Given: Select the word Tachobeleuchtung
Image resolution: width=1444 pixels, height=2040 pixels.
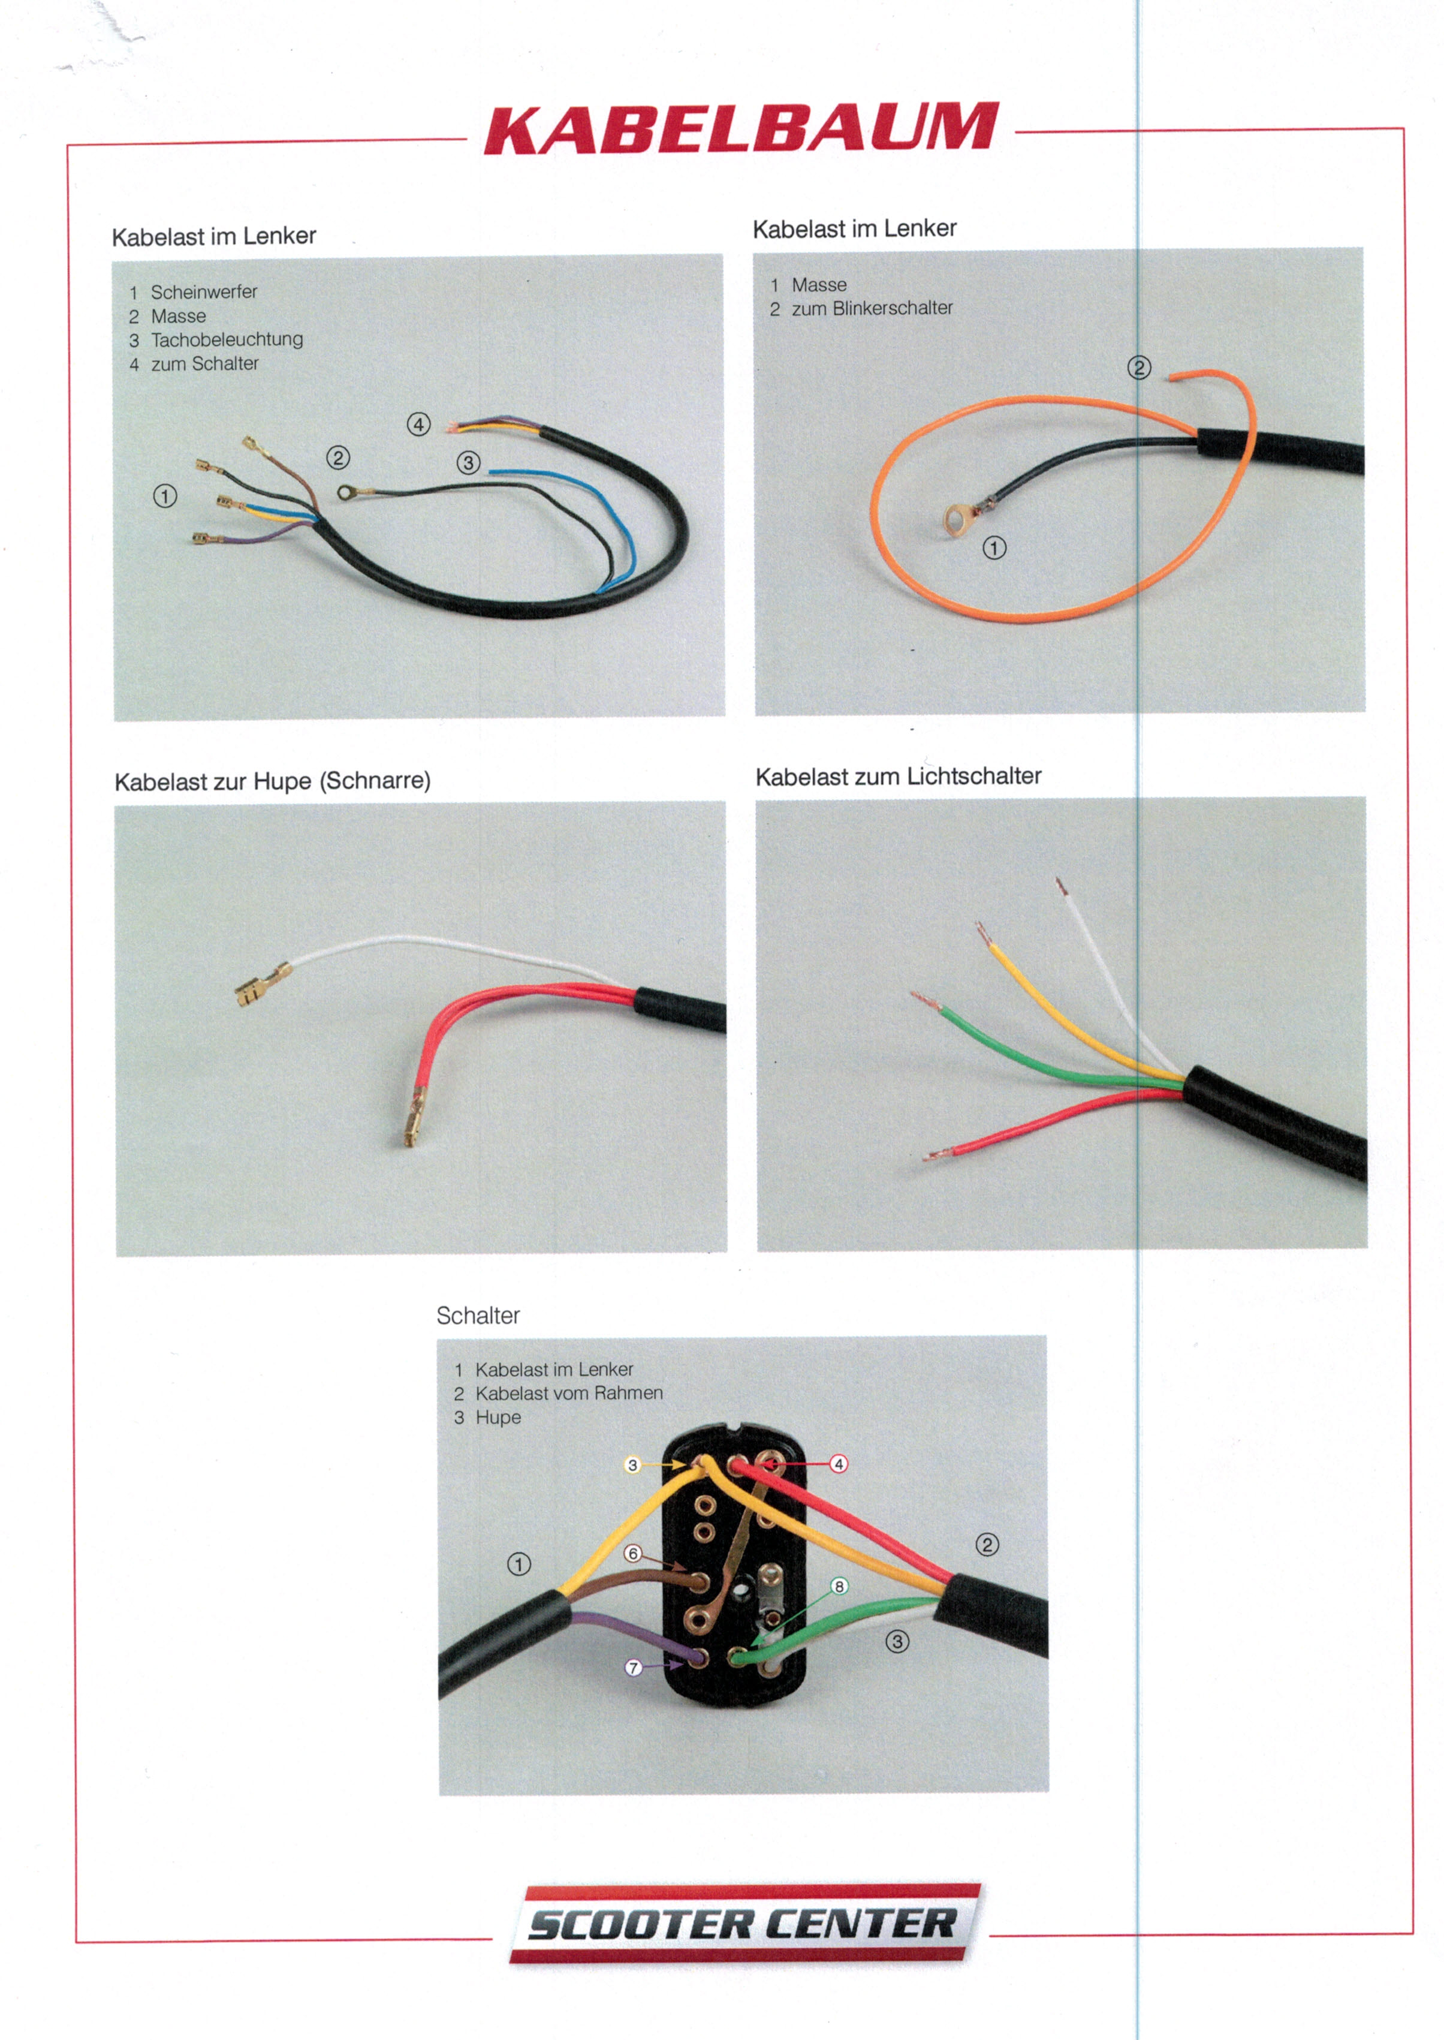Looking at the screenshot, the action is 227,340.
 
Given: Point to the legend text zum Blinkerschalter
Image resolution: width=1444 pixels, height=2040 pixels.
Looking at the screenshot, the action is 872,309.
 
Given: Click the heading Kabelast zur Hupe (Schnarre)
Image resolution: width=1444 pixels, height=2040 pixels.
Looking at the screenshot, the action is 272,781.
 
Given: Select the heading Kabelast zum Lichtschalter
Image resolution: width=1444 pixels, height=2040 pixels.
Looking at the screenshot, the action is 898,777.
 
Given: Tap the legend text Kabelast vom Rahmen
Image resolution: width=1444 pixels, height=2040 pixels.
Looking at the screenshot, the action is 569,1394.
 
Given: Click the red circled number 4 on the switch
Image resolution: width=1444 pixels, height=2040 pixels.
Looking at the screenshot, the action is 839,1464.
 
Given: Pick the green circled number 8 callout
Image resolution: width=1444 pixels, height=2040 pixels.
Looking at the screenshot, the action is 839,1587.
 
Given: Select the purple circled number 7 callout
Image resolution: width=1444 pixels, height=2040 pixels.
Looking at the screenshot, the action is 633,1668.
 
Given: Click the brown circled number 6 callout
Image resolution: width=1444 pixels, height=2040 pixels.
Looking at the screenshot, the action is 633,1554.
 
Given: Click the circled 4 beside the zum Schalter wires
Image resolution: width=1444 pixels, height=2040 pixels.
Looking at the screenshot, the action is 419,424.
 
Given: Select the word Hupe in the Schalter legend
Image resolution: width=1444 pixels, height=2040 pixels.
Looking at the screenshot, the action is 498,1418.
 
